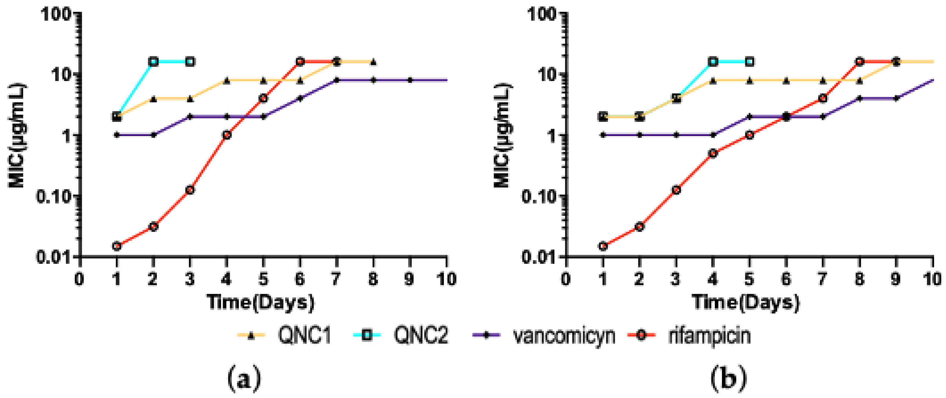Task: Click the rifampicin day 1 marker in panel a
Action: pos(116,246)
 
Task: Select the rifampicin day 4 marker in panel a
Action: pos(226,135)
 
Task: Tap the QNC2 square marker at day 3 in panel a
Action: pos(190,62)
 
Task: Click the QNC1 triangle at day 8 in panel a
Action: pos(373,62)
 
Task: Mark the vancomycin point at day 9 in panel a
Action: pos(410,80)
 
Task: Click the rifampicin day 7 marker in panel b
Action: pos(823,98)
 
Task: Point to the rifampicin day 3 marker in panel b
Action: pos(676,190)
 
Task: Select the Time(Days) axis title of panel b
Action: pos(745,303)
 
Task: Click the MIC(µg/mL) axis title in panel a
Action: pos(16,136)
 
